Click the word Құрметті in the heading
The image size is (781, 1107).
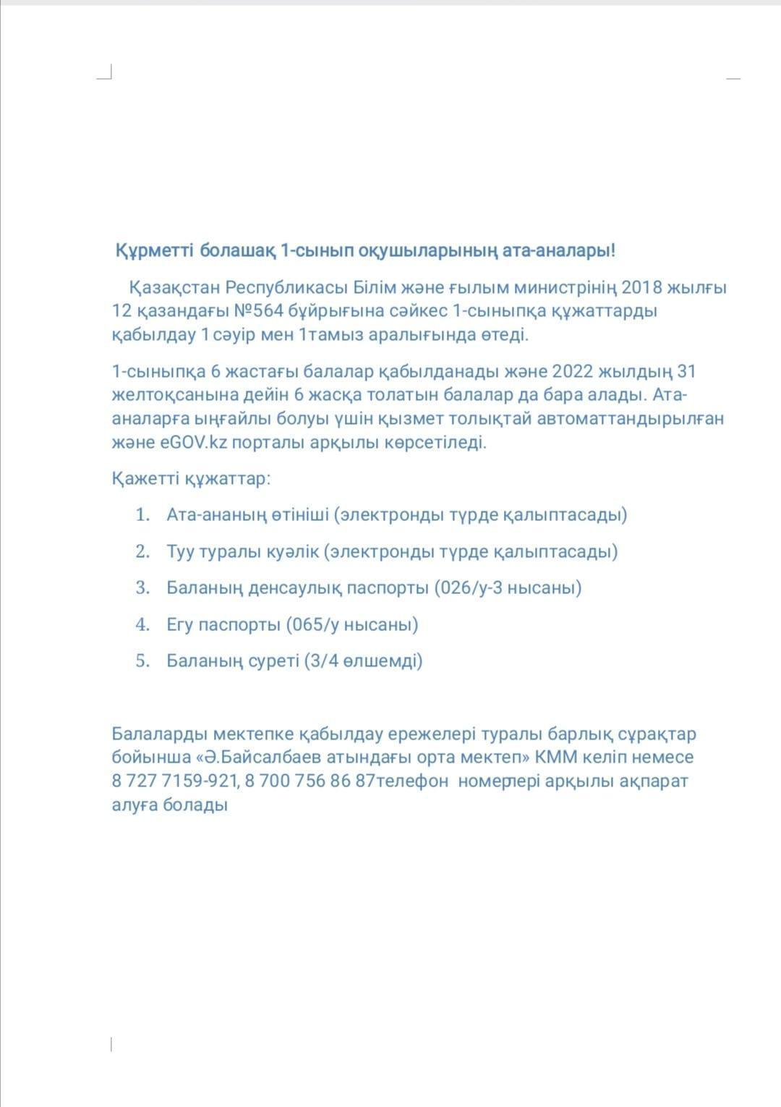(x=154, y=251)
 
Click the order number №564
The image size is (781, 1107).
(x=259, y=311)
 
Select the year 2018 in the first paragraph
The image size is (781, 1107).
(x=641, y=287)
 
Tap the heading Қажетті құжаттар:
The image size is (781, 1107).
(x=191, y=478)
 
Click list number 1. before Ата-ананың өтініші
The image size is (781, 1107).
(x=142, y=514)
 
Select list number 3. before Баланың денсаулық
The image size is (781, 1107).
(x=142, y=588)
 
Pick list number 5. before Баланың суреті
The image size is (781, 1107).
(x=142, y=661)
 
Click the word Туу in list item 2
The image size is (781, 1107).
(x=180, y=551)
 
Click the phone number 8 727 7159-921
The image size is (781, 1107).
(x=174, y=781)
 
